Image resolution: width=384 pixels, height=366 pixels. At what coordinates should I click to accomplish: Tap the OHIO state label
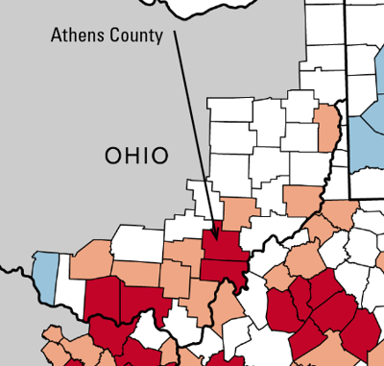point(136,155)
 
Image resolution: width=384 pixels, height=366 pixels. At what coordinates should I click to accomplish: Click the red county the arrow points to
point(220,245)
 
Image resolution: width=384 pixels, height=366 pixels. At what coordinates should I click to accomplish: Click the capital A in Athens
point(55,37)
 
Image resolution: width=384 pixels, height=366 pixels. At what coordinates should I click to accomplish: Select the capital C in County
point(116,37)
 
